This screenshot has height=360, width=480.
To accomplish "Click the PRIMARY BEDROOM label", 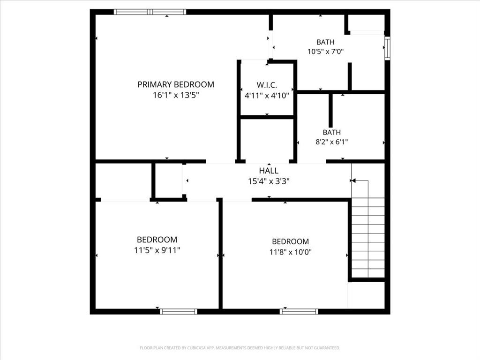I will [176, 84].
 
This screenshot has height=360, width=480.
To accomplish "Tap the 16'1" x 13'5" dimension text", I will [176, 95].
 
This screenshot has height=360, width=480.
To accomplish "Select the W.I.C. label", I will [267, 85].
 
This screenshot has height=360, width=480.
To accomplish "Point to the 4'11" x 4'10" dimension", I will [267, 95].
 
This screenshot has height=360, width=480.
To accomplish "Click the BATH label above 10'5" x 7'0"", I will [325, 42].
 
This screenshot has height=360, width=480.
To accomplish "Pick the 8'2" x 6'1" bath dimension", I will [332, 142].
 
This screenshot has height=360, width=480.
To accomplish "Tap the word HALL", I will [269, 171].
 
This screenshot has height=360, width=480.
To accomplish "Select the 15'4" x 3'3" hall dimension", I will [269, 181].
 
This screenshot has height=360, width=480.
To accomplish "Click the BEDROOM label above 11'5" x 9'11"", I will [157, 240].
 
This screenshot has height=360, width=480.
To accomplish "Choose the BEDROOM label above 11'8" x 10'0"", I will [291, 241].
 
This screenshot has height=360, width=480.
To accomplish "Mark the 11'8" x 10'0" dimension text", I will [291, 252].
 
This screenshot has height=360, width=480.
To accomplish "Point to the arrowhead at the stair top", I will [353, 180].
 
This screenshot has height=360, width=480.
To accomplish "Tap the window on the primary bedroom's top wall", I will [150, 12].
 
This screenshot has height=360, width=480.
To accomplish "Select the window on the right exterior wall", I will [387, 49].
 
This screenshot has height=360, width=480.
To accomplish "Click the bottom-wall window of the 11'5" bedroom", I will [179, 311].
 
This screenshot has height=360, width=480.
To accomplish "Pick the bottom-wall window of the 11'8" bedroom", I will [299, 311].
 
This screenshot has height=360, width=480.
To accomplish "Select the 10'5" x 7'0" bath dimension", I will [325, 52].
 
